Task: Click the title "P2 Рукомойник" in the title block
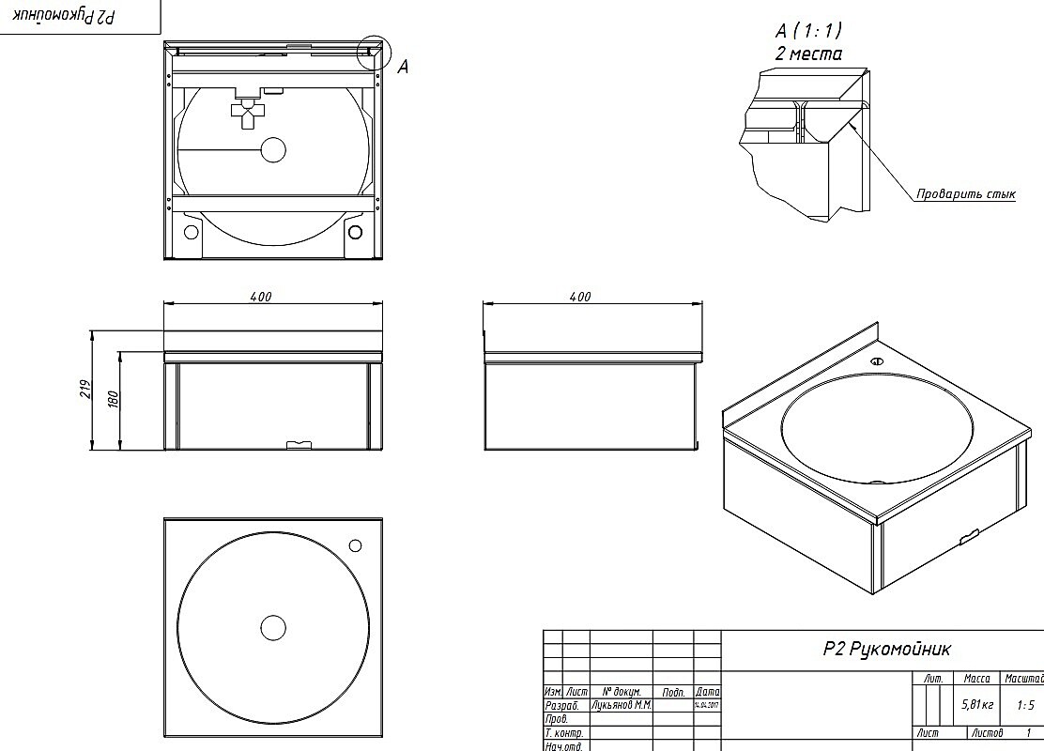point(887,649)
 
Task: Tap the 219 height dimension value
point(84,389)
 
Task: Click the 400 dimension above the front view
point(261,297)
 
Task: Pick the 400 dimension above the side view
point(580,297)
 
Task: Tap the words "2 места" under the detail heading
point(808,54)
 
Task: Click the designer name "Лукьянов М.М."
point(622,704)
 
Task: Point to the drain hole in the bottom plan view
point(272,627)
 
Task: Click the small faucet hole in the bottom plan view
point(355,544)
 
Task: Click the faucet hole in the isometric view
point(877,361)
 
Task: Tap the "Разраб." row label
point(561,704)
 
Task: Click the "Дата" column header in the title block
point(708,691)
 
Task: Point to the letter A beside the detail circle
point(403,67)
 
